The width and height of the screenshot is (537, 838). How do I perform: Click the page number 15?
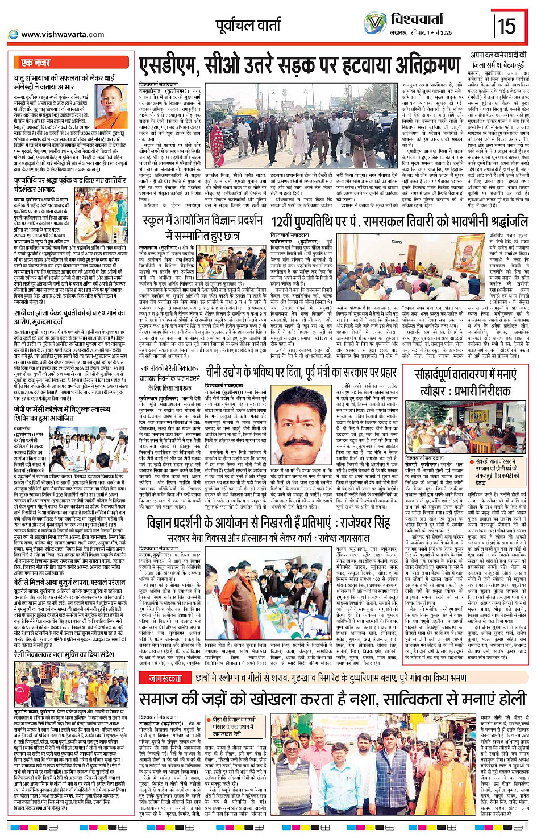coord(507,26)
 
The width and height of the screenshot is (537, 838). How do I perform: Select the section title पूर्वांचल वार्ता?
coord(248,25)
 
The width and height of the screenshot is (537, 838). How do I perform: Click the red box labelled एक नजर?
coord(35,63)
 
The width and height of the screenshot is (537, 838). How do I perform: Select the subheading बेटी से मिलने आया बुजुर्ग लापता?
coord(69,582)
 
